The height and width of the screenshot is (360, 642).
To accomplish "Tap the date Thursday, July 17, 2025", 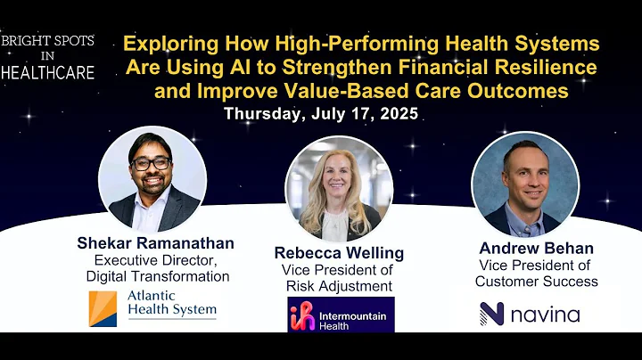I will pos(321,114).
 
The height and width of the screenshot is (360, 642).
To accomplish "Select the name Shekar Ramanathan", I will pos(157,244).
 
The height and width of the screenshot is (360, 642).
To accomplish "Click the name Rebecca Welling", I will pos(338,253).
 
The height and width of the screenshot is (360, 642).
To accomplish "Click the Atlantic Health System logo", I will pos(152,308).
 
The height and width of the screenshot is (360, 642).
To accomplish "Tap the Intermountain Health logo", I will pos(340,315).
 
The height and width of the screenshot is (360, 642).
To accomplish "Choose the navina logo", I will pos(530,314).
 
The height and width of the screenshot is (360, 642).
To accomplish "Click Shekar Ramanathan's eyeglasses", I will pos(151,164).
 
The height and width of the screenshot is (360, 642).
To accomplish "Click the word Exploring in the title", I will pos(166,44).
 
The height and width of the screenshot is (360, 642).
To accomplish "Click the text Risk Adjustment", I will pos(338,285).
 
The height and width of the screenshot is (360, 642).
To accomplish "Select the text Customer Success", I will pos(536,281).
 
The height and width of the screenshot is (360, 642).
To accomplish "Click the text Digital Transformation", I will pos(157,276).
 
